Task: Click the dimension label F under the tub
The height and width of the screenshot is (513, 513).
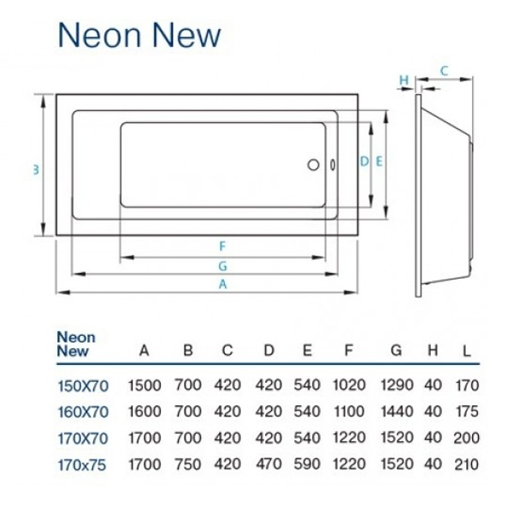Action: (221, 246)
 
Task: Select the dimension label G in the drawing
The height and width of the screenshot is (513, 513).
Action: (221, 265)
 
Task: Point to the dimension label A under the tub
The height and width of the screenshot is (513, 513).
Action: (221, 285)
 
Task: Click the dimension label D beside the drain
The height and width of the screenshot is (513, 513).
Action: (363, 161)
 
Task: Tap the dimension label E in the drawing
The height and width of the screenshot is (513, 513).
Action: (379, 161)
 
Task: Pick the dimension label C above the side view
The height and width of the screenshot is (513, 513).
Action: (445, 71)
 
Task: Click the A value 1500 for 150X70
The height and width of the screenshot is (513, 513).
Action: (144, 387)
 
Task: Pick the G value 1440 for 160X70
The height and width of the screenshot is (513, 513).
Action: (395, 412)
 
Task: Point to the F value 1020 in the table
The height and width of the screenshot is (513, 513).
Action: (348, 387)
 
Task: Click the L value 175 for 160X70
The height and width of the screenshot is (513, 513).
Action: (465, 412)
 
